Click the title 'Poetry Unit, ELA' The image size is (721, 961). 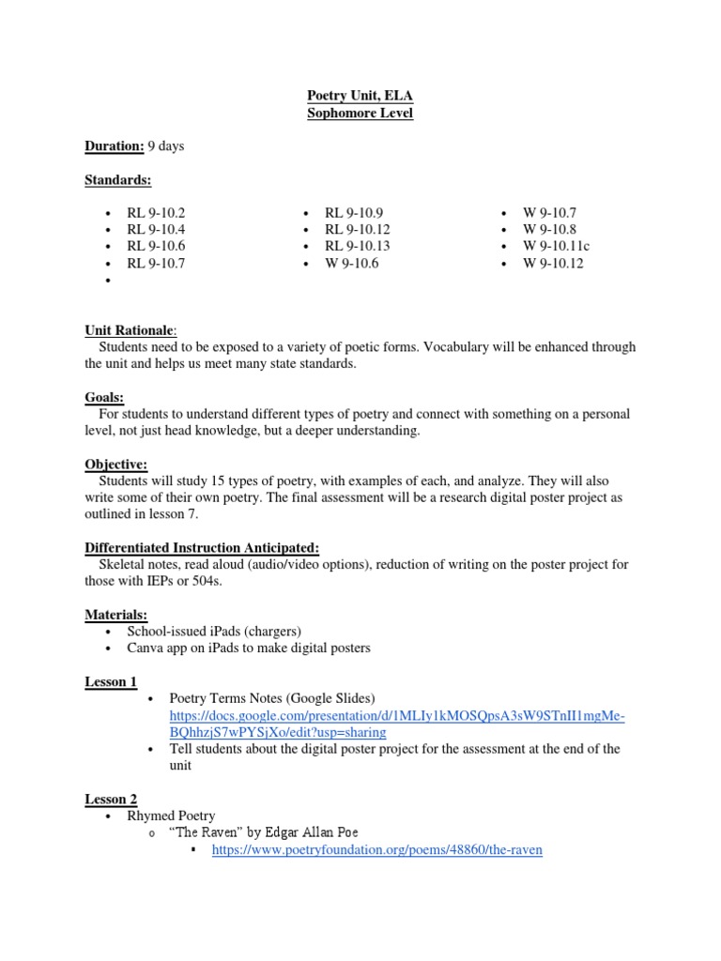point(360,96)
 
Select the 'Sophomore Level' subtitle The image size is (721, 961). point(360,114)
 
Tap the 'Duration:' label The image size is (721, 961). point(115,146)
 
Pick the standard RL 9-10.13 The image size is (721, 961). point(357,247)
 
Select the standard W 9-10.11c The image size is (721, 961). point(557,247)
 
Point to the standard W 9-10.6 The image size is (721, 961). point(350,264)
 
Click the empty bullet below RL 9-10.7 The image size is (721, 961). point(110,281)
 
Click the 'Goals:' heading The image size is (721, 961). point(104,398)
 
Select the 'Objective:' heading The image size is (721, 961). point(116,465)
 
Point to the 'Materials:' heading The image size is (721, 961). point(116,615)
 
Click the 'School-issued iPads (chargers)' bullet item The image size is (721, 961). point(214,632)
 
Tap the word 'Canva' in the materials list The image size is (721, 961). point(146,648)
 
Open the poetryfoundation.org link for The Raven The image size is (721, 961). point(377,850)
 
